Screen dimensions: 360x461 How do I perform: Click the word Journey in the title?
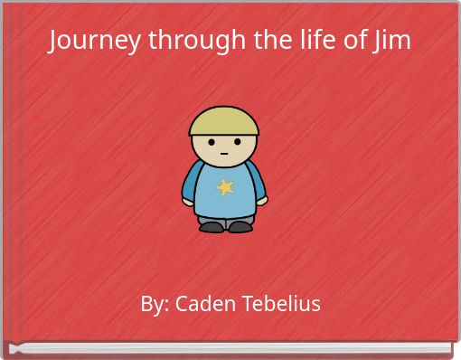pyautogui.click(x=88, y=41)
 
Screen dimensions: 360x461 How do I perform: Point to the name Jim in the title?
pyautogui.click(x=391, y=41)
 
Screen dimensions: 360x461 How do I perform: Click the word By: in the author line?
pyautogui.click(x=155, y=304)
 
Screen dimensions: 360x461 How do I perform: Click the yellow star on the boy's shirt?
pyautogui.click(x=224, y=187)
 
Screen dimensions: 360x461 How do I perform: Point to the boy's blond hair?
pyautogui.click(x=224, y=120)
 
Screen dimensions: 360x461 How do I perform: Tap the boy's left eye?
pyautogui.click(x=212, y=142)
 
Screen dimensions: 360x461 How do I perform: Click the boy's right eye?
pyautogui.click(x=237, y=142)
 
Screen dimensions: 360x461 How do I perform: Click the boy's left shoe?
pyautogui.click(x=212, y=226)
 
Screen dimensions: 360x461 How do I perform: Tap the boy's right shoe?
pyautogui.click(x=240, y=226)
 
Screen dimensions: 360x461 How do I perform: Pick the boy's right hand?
pyautogui.click(x=261, y=202)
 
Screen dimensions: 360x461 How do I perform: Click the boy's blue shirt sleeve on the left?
pyautogui.click(x=193, y=181)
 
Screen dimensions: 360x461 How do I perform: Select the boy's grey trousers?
pyautogui.click(x=225, y=218)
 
